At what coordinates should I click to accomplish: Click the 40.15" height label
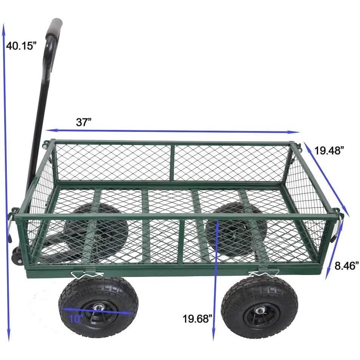[22, 46]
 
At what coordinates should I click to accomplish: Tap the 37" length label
[84, 122]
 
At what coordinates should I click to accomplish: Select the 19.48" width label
[329, 151]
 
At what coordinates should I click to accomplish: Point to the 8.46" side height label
[346, 266]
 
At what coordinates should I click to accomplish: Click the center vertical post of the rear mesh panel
[172, 163]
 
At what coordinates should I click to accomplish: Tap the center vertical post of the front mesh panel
[181, 242]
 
